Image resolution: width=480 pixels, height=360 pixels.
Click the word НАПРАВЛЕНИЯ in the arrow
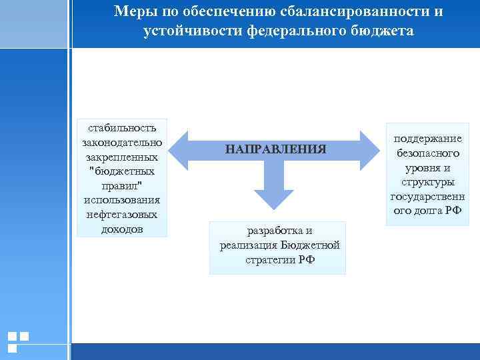click(275, 149)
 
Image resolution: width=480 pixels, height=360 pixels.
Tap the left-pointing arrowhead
click(179, 150)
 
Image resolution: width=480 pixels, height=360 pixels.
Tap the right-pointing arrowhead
click(370, 150)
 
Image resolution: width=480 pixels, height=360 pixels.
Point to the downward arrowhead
click(275, 197)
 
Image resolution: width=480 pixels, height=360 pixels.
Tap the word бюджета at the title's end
click(383, 31)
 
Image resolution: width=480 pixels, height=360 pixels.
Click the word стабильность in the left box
click(122, 127)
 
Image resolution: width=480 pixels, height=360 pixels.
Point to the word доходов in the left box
click(122, 229)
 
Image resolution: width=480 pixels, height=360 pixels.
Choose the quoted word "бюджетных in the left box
click(122, 171)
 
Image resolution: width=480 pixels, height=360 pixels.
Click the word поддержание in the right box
click(427, 138)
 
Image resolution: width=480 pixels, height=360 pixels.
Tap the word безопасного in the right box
click(427, 153)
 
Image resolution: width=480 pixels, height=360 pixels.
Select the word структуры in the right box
click(427, 182)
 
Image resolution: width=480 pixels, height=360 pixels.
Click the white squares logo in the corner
click(18, 341)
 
